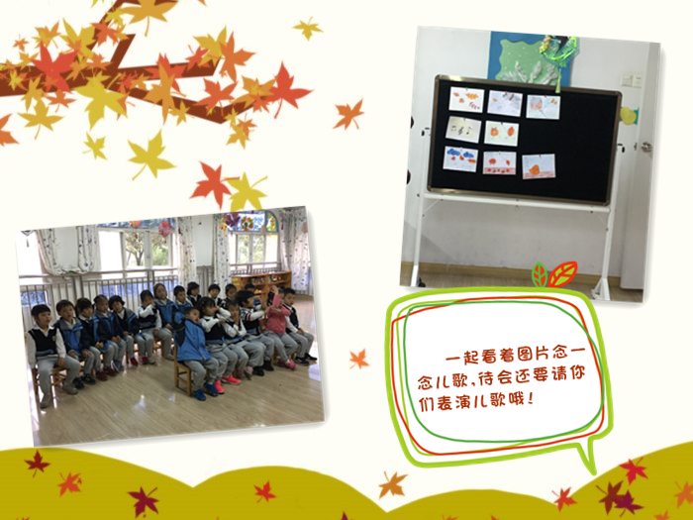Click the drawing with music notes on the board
point(462,129)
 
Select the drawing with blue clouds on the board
point(460,159)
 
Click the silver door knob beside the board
point(646,147)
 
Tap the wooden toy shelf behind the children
point(261,283)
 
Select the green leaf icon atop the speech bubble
point(540,274)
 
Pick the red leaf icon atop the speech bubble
point(562,273)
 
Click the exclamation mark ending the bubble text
point(531,399)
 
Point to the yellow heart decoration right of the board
point(628,116)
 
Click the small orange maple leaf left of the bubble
point(358,359)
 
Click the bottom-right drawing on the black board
point(539,166)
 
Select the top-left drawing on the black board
point(466,99)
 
